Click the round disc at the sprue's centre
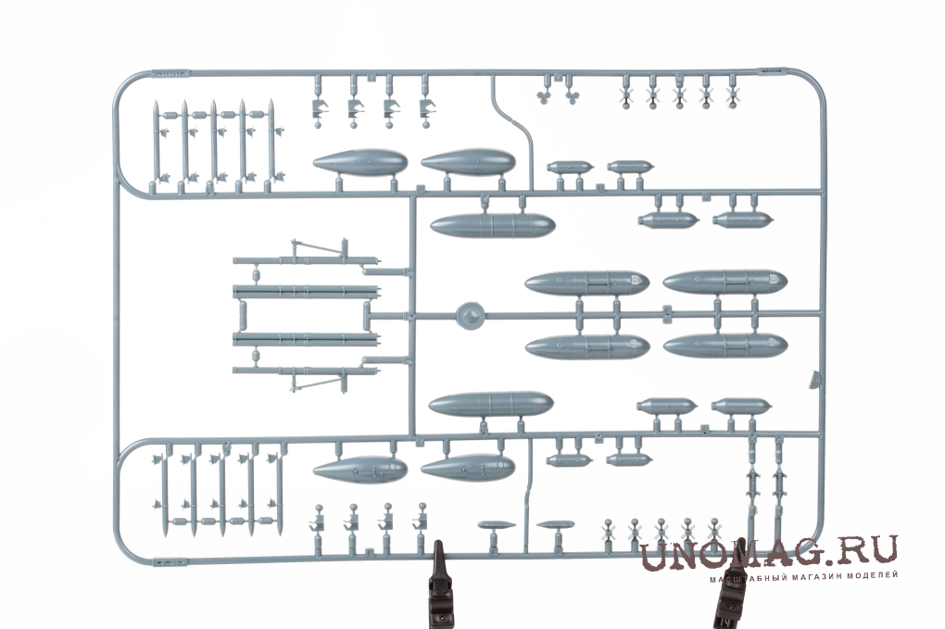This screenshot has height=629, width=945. tap(470, 315)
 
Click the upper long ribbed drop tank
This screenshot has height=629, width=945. tap(492, 225)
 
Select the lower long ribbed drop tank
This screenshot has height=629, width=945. tap(491, 404)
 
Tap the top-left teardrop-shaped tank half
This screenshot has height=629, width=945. tap(360, 163)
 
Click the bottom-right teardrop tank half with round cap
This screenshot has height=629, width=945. tap(468, 468)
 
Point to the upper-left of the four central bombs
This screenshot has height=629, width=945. tap(587, 283)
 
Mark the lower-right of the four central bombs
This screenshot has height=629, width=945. tap(725, 346)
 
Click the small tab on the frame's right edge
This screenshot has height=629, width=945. tap(815, 379)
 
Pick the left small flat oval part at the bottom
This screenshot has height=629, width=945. tap(497, 524)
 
